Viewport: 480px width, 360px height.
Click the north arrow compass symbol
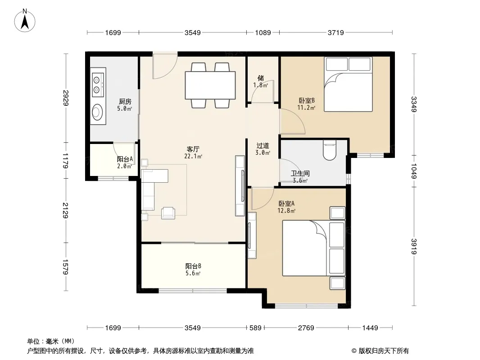pos(25,20)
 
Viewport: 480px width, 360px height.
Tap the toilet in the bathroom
pos(330,150)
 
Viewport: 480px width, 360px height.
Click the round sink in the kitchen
pos(98,112)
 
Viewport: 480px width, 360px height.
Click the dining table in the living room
pos(210,85)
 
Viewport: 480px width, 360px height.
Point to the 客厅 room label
pos(193,149)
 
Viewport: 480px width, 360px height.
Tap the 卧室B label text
pos(307,100)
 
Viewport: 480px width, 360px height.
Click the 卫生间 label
pos(300,173)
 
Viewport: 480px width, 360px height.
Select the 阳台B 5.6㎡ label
pos(193,270)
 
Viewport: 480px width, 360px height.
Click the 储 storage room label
pos(261,78)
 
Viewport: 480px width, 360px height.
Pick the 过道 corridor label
pos(263,146)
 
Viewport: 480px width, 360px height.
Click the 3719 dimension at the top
pos(336,32)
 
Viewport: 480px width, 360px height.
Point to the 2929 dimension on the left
pos(65,98)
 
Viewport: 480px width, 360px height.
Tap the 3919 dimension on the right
pos(413,246)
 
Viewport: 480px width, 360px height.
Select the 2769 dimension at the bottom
pos(306,328)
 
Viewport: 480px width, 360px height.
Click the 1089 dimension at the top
pos(263,32)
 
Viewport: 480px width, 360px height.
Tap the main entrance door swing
pos(165,66)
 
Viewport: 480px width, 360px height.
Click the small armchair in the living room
pos(168,213)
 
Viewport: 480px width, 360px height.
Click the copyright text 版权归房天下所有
pos(384,351)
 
